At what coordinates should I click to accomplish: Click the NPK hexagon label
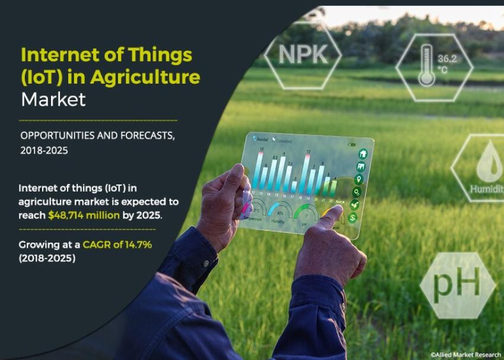302,54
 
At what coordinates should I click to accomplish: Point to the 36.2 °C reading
445,63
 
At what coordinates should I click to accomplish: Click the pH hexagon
457,285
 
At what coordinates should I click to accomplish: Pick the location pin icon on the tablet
359,179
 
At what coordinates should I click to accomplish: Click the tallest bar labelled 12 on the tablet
308,173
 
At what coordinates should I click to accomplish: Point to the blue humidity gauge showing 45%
280,211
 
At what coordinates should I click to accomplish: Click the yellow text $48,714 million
84,215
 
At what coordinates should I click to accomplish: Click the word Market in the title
53,99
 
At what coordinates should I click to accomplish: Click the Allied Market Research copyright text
465,354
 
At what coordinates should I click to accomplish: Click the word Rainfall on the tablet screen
262,139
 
